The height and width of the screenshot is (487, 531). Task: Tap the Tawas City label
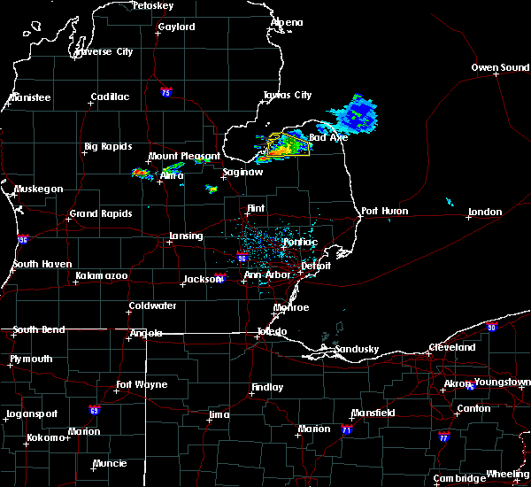click(288, 95)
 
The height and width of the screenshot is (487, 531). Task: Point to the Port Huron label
click(381, 211)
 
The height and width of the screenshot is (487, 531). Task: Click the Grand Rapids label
click(101, 213)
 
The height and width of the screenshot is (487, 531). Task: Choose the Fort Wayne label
click(142, 385)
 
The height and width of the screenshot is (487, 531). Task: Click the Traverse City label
click(104, 51)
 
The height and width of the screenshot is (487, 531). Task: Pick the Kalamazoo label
click(101, 276)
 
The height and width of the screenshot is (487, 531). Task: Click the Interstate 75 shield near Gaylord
click(165, 92)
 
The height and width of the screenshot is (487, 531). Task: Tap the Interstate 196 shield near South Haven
click(21, 239)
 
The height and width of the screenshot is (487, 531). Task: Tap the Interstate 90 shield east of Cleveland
click(492, 327)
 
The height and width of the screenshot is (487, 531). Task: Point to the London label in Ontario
click(485, 212)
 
